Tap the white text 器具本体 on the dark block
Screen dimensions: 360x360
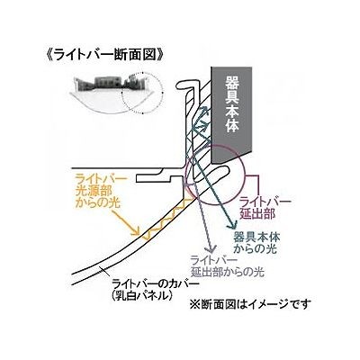coord(231,103)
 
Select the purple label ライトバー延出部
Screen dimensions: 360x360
coord(265,207)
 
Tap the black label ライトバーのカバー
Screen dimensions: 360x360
coord(155,283)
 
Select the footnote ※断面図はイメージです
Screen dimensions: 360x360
coord(248,304)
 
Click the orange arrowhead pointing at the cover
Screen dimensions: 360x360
coord(137,231)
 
